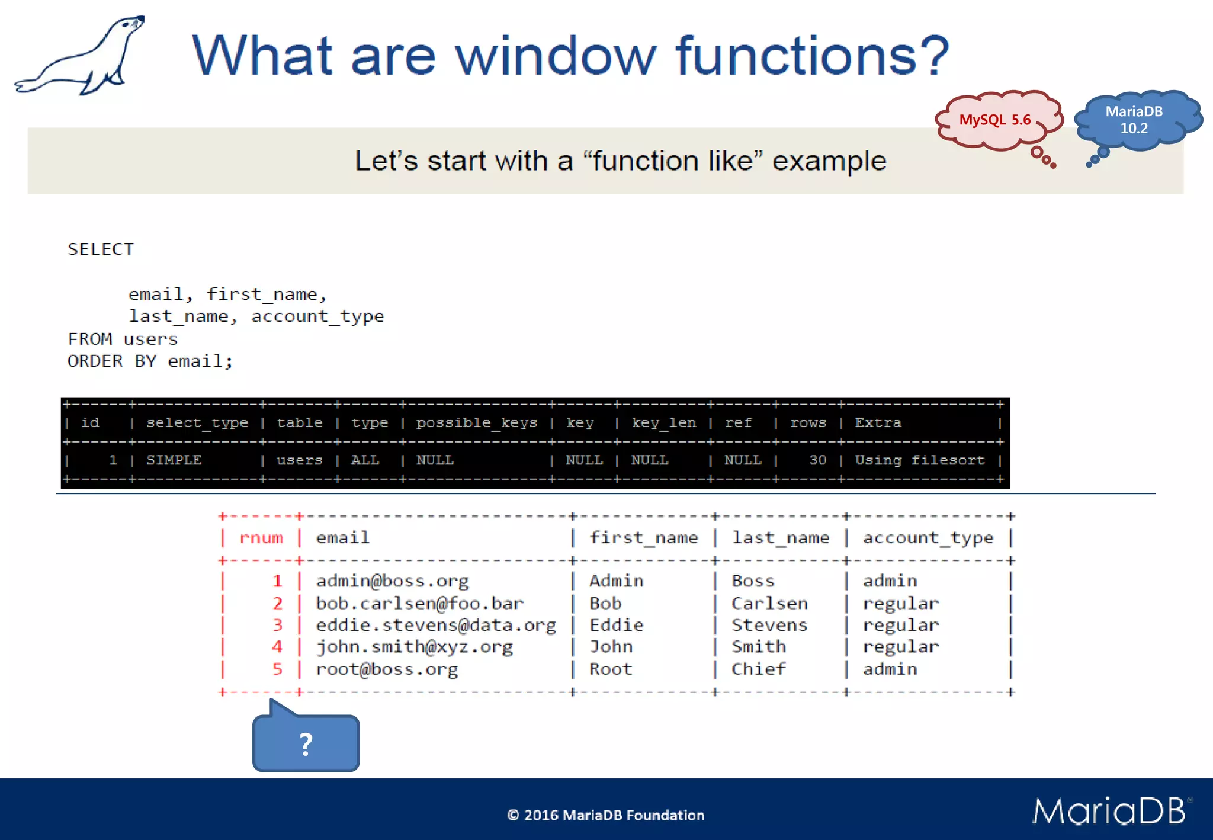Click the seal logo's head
click(x=131, y=25)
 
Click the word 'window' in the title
click(x=556, y=56)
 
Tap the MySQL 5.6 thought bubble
click(x=995, y=120)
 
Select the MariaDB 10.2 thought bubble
click(x=1134, y=120)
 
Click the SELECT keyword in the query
click(x=101, y=249)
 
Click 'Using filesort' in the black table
click(x=919, y=460)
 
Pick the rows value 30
click(x=817, y=460)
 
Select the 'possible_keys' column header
click(x=476, y=423)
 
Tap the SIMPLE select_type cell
click(x=174, y=460)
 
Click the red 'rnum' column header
click(x=261, y=538)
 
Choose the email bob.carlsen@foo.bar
click(x=419, y=604)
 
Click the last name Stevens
click(x=769, y=625)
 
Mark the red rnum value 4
click(x=277, y=647)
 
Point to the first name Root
click(x=611, y=669)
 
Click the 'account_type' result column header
click(x=928, y=538)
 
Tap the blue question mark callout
click(x=306, y=743)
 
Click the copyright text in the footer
click(x=605, y=816)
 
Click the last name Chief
click(x=759, y=669)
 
